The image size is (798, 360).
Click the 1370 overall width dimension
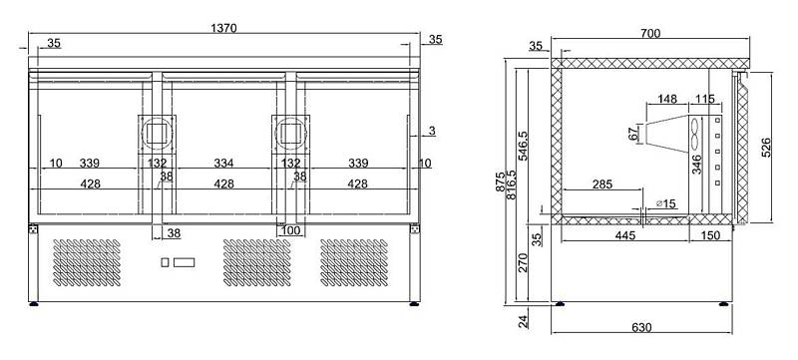click(x=223, y=28)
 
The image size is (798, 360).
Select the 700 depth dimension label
click(x=650, y=34)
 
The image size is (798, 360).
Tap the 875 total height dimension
click(x=501, y=181)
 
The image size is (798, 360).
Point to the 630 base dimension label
click(x=641, y=327)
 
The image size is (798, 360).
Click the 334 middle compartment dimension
click(x=223, y=164)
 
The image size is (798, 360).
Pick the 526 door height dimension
click(x=766, y=148)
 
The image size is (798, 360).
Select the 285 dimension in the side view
click(x=602, y=184)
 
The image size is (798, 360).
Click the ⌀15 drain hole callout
click(x=666, y=203)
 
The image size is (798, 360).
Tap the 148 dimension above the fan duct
click(x=666, y=99)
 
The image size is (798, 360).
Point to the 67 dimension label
click(x=633, y=134)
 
